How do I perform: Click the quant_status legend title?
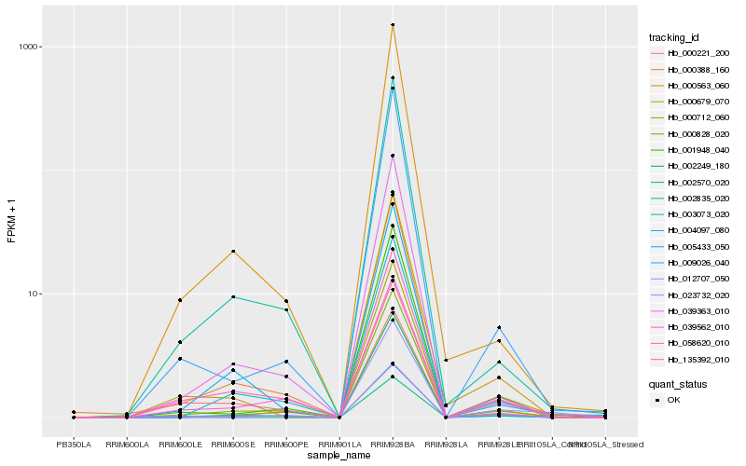(678, 383)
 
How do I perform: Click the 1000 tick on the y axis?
(26, 47)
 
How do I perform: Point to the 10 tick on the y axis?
(31, 294)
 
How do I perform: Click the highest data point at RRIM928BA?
(393, 25)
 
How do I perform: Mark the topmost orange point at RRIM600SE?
(233, 251)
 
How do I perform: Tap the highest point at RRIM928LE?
(499, 327)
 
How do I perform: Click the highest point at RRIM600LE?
(180, 300)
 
